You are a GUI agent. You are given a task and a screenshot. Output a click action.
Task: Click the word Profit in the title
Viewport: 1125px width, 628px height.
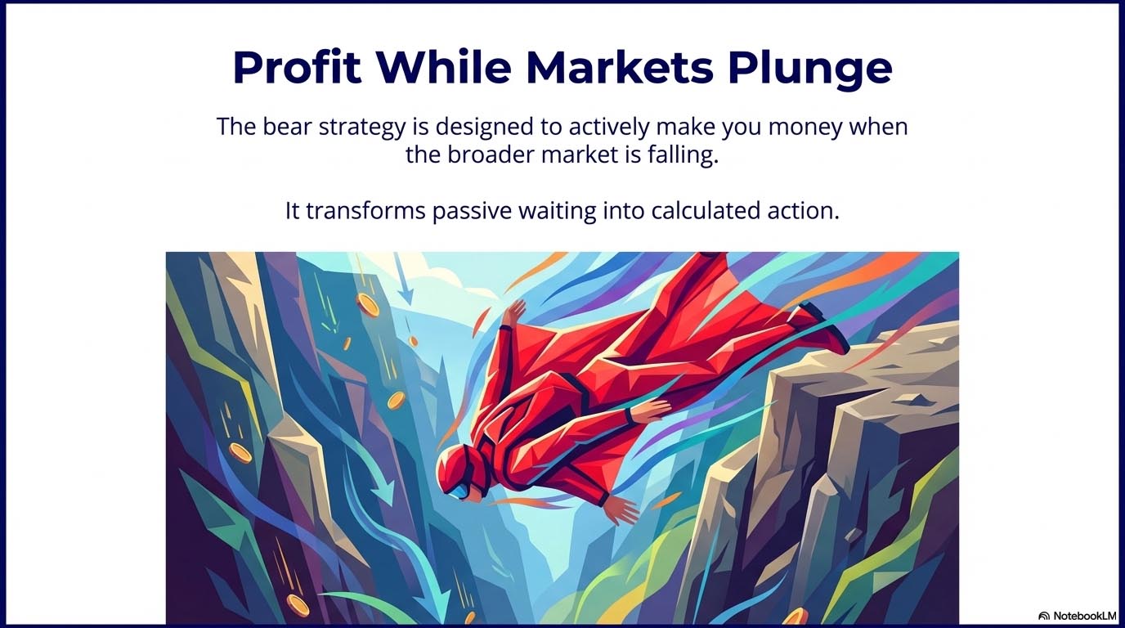click(x=297, y=69)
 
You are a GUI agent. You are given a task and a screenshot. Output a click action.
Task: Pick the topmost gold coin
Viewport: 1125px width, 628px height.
click(x=368, y=306)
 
